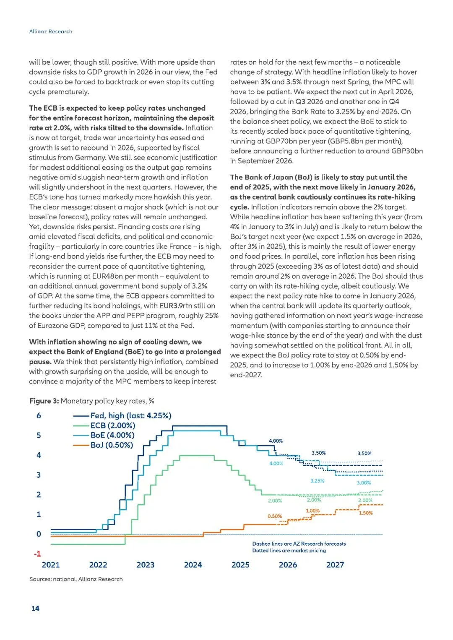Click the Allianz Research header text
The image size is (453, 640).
click(51, 31)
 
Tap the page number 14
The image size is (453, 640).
click(35, 608)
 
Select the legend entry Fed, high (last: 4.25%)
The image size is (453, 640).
click(130, 415)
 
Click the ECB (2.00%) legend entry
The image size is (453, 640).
click(112, 425)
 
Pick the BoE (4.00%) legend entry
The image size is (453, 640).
click(112, 435)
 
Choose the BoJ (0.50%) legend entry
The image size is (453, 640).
click(111, 445)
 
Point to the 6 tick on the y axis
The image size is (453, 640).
click(39, 416)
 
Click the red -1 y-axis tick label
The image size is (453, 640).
click(37, 554)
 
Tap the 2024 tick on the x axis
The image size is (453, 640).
click(193, 565)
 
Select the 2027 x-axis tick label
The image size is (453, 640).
click(335, 565)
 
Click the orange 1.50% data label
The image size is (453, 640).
click(366, 513)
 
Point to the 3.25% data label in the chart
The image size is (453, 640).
click(317, 481)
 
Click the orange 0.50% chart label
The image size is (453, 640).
click(275, 516)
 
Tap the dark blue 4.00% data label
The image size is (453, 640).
click(276, 440)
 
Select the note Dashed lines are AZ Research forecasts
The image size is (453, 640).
click(299, 544)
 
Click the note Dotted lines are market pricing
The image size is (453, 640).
click(289, 551)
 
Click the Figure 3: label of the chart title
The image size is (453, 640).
click(44, 401)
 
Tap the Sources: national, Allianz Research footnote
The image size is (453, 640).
click(76, 579)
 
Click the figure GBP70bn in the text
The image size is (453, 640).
click(281, 141)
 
